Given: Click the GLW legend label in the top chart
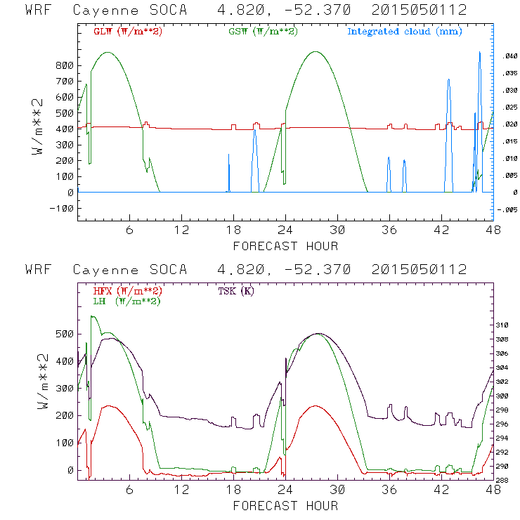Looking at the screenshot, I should (128, 32).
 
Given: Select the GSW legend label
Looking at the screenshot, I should (264, 32).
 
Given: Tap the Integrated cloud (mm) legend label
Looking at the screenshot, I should (404, 32).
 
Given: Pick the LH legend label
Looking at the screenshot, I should (126, 301).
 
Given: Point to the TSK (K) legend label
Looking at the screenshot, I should (237, 291).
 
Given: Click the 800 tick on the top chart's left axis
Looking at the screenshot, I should (65, 65).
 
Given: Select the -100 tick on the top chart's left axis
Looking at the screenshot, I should (62, 208).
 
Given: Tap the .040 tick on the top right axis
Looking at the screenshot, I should (508, 57).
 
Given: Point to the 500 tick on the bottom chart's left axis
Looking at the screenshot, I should (65, 334).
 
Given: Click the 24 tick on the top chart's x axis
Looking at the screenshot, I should (285, 230).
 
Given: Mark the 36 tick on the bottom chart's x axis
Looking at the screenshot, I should (389, 490).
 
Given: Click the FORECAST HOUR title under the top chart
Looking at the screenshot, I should (285, 246).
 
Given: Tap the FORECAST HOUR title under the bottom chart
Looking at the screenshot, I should (285, 506).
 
